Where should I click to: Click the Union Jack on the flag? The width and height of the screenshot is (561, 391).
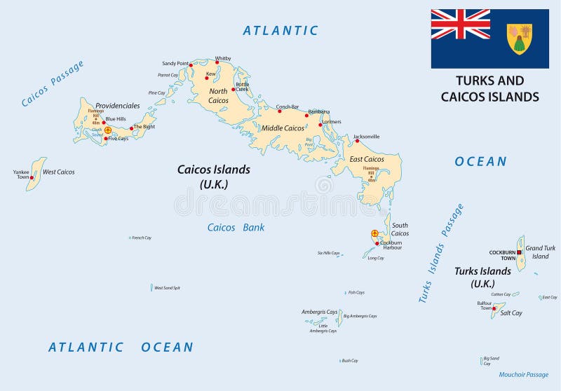(x=460, y=24)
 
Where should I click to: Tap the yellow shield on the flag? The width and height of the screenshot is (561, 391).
(x=519, y=39)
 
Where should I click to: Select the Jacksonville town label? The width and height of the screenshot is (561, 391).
(x=366, y=137)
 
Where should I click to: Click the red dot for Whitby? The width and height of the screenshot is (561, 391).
(x=217, y=62)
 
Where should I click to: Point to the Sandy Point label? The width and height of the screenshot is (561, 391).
(x=175, y=63)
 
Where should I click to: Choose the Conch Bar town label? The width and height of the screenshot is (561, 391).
(x=288, y=107)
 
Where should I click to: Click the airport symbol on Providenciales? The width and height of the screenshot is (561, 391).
(x=108, y=130)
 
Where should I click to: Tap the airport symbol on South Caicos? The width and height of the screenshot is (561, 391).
(x=374, y=233)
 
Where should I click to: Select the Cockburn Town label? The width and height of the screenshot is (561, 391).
(x=503, y=254)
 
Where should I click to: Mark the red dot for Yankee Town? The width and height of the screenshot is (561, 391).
(x=32, y=178)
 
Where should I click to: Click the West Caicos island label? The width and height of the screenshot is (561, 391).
(x=58, y=172)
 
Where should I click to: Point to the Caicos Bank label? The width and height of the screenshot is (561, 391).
(x=236, y=228)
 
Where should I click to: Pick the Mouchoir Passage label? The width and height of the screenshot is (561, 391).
(x=524, y=374)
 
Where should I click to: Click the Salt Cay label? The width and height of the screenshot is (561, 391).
(x=511, y=313)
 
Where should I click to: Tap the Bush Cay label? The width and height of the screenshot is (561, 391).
(x=350, y=361)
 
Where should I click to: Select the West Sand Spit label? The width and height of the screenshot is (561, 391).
(x=167, y=288)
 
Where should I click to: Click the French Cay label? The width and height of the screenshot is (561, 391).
(x=142, y=238)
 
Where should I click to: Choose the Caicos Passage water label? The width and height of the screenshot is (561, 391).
(x=53, y=84)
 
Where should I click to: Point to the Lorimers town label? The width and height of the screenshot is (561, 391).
(x=331, y=121)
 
